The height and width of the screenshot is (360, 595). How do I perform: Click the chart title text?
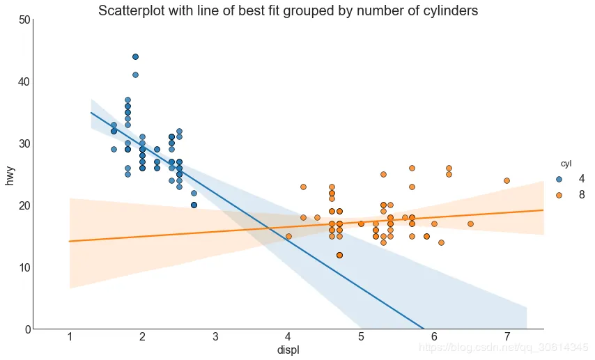tap(288, 10)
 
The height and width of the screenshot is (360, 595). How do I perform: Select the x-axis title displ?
tap(288, 350)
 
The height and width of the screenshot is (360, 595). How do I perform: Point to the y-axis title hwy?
tap(10, 175)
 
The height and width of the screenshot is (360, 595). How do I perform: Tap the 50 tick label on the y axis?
tap(24, 19)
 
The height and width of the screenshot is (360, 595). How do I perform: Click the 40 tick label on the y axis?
tap(24, 81)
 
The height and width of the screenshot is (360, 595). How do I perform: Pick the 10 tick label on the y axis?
tap(24, 267)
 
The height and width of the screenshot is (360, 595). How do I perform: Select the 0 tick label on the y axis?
tap(28, 329)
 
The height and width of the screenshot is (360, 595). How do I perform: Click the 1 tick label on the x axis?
tap(70, 336)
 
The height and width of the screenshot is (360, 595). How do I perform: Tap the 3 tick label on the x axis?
tap(215, 336)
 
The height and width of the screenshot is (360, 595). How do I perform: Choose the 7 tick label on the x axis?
tap(507, 336)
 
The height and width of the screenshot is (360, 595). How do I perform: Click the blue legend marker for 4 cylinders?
tap(559, 179)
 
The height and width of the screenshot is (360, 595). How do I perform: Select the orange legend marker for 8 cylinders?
tap(559, 195)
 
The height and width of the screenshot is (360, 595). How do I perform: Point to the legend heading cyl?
tap(566, 164)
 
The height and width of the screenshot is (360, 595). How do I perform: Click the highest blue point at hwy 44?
tap(135, 57)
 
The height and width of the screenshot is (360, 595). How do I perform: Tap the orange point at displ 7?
tap(507, 180)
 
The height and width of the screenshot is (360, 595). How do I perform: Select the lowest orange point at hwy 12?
tap(339, 255)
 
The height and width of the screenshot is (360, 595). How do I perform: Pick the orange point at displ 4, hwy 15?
tap(288, 236)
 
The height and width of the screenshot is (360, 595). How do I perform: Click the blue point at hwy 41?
tap(135, 75)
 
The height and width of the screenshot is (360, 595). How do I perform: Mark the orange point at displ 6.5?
tap(470, 224)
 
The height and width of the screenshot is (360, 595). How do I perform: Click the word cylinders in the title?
tap(449, 10)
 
